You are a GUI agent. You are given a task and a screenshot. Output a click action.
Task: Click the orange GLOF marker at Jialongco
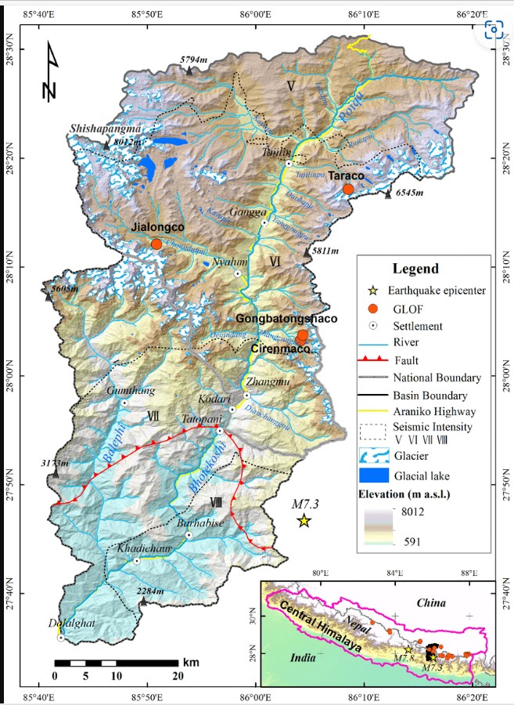click(156, 244)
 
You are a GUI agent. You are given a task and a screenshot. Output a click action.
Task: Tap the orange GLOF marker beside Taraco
click(348, 189)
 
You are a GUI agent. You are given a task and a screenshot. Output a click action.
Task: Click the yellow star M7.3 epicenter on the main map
click(304, 521)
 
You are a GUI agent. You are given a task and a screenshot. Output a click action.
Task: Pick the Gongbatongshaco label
click(286, 319)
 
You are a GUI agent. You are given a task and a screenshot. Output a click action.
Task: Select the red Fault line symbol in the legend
click(379, 360)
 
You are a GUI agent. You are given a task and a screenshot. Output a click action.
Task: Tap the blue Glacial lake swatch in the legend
click(379, 474)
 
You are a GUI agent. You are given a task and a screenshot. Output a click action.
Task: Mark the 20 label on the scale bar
click(178, 675)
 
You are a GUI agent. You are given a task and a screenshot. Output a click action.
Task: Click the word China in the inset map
click(430, 602)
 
